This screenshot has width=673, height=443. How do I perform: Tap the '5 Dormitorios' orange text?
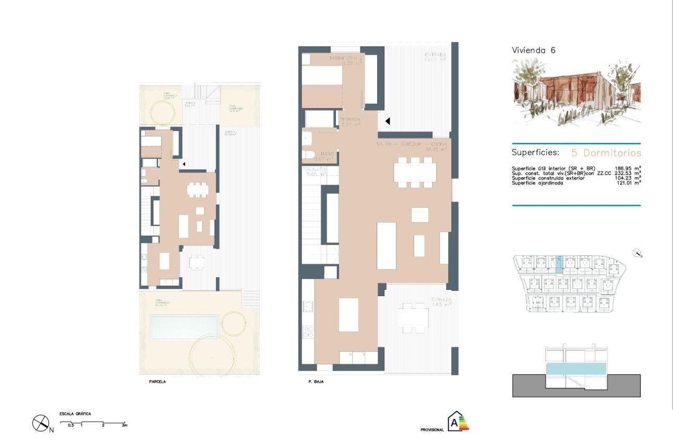[606, 153]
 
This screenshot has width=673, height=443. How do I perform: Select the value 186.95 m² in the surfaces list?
[628, 169]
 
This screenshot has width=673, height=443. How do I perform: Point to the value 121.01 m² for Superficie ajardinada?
[628, 183]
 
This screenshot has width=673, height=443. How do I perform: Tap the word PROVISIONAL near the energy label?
[432, 430]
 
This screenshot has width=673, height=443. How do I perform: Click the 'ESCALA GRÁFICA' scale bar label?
[76, 414]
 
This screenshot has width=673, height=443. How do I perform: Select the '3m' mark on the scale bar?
[124, 426]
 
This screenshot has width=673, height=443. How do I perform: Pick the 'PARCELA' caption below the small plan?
[158, 382]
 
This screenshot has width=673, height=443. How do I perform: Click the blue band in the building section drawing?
[576, 368]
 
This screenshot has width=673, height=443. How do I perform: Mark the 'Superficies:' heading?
[535, 153]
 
